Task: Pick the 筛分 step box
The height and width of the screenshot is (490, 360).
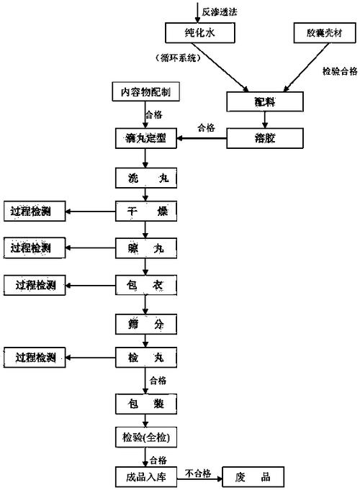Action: tap(145, 324)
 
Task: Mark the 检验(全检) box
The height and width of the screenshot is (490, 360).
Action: tap(145, 437)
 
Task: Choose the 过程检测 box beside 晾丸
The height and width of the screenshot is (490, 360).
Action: tap(31, 248)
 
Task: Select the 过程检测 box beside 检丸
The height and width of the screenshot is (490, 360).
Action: tap(35, 357)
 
